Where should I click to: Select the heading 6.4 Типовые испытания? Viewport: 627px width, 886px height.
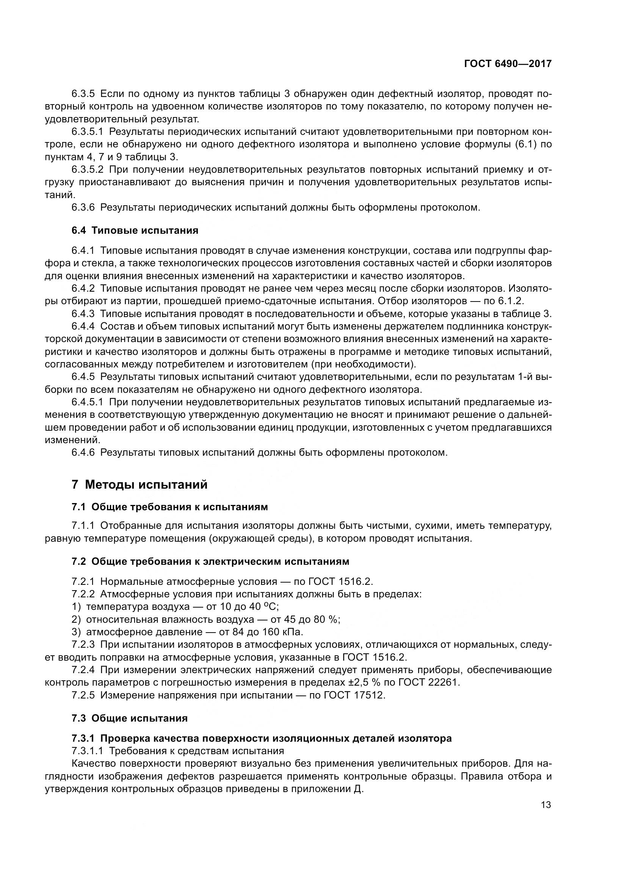click(x=135, y=231)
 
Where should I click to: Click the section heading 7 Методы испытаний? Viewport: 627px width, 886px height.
click(x=140, y=484)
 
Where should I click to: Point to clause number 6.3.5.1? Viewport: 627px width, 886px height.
click(x=87, y=132)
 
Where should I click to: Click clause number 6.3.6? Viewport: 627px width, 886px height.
click(x=83, y=208)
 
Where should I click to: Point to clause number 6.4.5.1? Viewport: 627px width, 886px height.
click(x=87, y=402)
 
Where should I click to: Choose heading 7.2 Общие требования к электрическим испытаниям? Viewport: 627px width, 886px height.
click(x=210, y=561)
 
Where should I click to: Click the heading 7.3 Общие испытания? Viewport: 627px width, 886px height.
click(x=129, y=718)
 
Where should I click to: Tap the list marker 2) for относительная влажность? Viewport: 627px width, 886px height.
click(x=77, y=619)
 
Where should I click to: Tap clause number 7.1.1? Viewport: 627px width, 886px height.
click(x=83, y=526)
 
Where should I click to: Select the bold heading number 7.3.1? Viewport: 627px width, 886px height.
click(x=83, y=738)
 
